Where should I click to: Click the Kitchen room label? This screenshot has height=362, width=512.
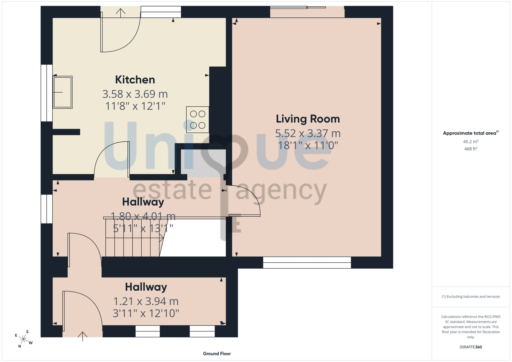click(135, 80)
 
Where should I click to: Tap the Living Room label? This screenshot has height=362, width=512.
click(308, 119)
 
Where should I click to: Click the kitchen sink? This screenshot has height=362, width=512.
click(62, 92)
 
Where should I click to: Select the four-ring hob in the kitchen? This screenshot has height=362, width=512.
click(198, 120)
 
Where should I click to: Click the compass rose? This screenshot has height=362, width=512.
click(23, 339)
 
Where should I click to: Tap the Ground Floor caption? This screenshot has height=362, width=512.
click(217, 354)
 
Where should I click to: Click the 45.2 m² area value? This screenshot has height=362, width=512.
click(471, 141)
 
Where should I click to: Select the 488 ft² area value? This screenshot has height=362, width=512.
click(471, 149)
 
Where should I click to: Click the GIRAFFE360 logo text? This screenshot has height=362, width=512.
click(471, 347)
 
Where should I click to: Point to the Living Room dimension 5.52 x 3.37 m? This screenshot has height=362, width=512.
click(308, 133)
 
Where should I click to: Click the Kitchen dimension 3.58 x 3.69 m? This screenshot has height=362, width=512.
click(135, 94)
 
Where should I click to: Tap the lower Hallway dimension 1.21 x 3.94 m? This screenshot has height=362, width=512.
click(146, 301)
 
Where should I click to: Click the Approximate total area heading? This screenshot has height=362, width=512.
click(471, 133)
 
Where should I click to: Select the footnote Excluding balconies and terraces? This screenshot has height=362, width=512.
click(471, 296)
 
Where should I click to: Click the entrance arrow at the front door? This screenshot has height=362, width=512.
click(82, 336)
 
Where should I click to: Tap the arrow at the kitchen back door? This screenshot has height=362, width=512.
click(120, 13)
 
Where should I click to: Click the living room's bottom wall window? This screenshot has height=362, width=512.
click(307, 262)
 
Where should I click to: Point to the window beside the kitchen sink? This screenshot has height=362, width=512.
click(47, 93)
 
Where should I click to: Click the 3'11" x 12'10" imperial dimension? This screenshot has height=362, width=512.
click(146, 313)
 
